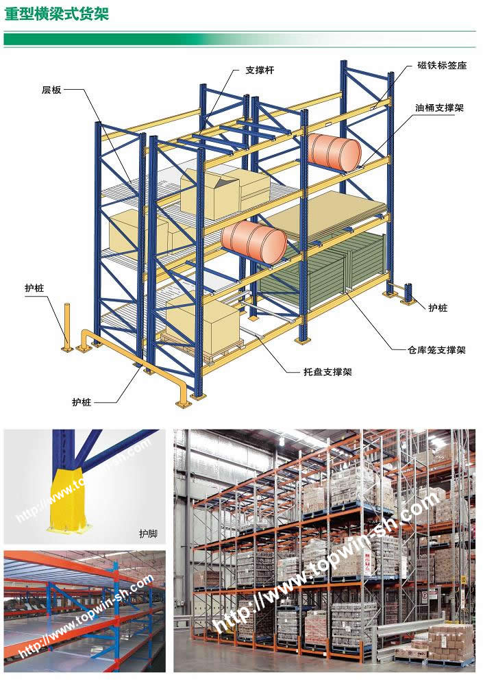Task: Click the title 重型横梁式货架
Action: click(x=56, y=13)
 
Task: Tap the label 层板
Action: click(x=51, y=90)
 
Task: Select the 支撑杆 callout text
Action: click(x=260, y=70)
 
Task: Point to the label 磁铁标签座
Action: click(x=442, y=65)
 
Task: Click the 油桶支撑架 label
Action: click(x=439, y=108)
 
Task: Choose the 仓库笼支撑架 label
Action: click(x=436, y=349)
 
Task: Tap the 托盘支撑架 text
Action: click(x=327, y=372)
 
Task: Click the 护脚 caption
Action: click(x=148, y=533)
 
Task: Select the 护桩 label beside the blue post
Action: click(x=438, y=308)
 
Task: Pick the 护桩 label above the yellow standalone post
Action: click(x=34, y=288)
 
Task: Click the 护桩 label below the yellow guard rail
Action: click(x=82, y=401)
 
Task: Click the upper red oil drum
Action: click(x=334, y=151)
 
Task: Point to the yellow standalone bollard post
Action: click(x=67, y=327)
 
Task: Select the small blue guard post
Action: click(x=408, y=293)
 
